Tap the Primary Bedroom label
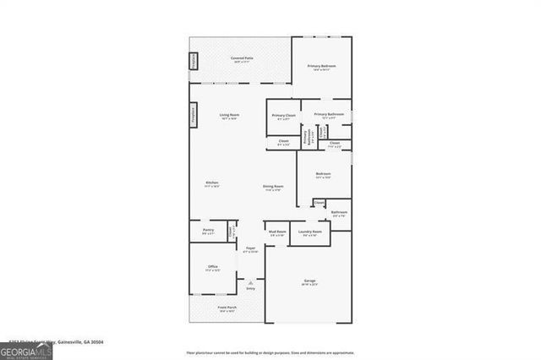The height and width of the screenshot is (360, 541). (321, 68)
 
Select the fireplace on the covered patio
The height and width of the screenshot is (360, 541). (192, 62)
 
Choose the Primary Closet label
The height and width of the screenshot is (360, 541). (284, 117)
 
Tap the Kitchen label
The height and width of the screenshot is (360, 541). (213, 184)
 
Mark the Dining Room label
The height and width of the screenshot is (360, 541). (272, 187)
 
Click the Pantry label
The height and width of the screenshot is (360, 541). (208, 231)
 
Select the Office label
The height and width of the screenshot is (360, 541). (213, 268)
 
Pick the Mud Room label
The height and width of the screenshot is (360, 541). (277, 232)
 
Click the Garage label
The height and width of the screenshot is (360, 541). (309, 281)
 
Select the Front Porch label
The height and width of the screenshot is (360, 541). (227, 308)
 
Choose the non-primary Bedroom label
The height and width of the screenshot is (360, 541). (323, 176)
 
